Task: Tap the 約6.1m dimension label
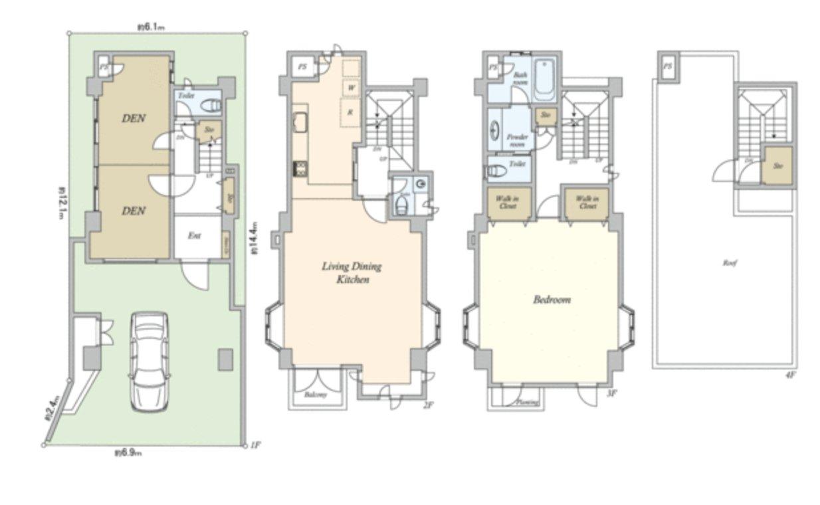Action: (x=151, y=27)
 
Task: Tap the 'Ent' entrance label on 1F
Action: (x=194, y=236)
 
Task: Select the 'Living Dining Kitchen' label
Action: (x=352, y=273)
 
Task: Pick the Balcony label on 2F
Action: (x=316, y=395)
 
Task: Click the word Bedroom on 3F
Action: (x=552, y=300)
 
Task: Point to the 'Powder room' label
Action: (x=517, y=140)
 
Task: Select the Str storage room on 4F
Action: (x=777, y=166)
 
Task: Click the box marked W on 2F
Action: (x=351, y=87)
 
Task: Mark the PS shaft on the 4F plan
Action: (x=667, y=66)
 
